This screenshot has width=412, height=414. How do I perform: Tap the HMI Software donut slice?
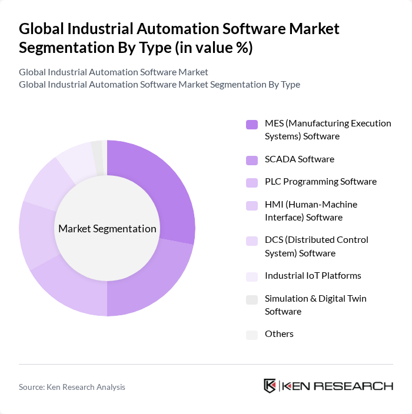[x=37, y=235]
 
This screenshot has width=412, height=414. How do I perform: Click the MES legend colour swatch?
[x=252, y=124]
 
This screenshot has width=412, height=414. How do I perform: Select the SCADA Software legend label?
[x=299, y=159]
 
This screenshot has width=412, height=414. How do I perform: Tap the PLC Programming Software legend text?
[x=320, y=182]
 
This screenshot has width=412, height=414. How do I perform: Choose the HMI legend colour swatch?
[x=252, y=205]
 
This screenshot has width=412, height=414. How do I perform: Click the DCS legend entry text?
[x=316, y=246]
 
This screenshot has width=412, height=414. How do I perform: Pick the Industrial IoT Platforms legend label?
[x=313, y=276]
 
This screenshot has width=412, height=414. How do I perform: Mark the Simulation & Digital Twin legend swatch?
[x=252, y=299]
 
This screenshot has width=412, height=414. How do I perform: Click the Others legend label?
[x=279, y=334]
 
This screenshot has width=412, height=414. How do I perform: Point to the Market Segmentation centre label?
[x=107, y=229]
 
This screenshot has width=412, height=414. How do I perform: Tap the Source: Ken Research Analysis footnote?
[x=72, y=387]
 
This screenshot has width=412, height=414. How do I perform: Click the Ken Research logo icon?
[x=270, y=386]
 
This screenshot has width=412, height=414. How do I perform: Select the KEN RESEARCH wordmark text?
[x=337, y=386]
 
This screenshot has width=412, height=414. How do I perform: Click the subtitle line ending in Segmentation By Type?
[x=159, y=84]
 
